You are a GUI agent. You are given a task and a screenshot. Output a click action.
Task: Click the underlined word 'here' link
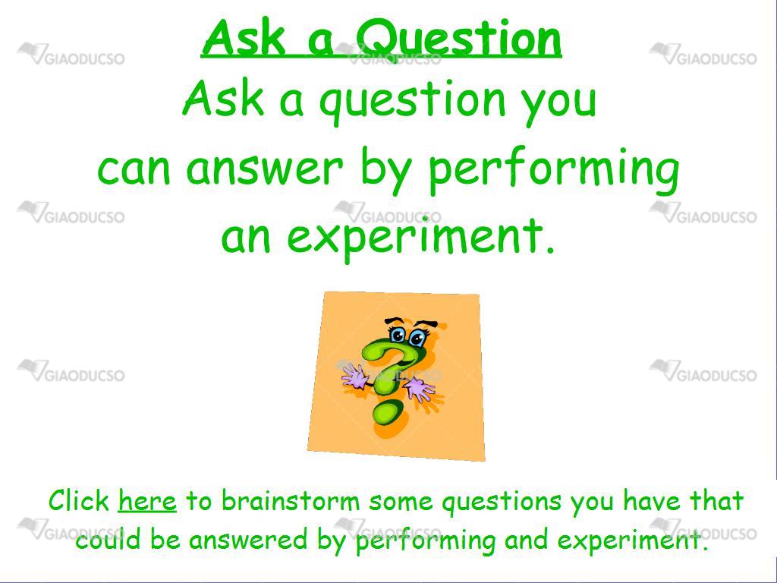(x=147, y=501)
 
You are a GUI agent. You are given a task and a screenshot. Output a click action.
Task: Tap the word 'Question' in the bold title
(x=458, y=39)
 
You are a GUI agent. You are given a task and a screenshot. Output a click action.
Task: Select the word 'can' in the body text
(x=134, y=169)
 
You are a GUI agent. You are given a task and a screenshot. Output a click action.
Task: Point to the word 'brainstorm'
(x=291, y=501)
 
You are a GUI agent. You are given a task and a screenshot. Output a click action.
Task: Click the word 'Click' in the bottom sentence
(x=79, y=500)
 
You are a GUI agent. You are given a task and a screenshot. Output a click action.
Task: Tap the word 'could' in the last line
(x=108, y=540)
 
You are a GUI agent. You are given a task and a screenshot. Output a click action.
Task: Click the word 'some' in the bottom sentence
(x=401, y=501)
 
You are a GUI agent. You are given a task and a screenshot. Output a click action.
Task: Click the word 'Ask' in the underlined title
(x=244, y=39)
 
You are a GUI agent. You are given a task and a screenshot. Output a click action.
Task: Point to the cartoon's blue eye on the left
(x=398, y=335)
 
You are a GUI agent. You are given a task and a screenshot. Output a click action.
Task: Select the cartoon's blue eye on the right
(x=417, y=339)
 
